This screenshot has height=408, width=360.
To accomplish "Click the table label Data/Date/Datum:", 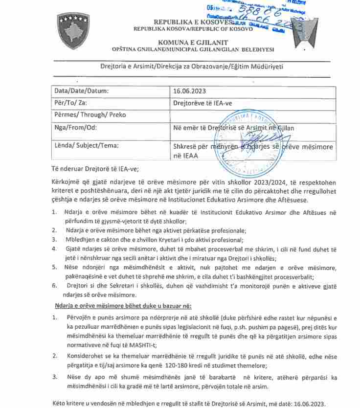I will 81,91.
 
